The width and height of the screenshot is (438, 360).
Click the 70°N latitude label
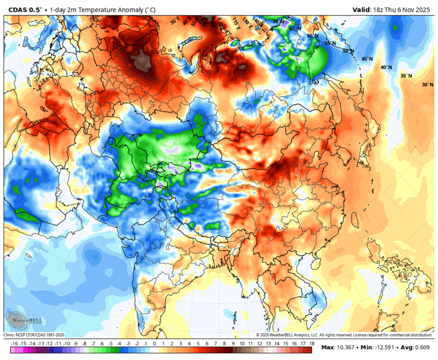(x=278, y=22)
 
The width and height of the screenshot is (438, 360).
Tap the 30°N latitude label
(x=427, y=85)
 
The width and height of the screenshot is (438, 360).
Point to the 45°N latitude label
(x=367, y=59)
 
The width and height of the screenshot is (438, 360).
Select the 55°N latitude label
(x=330, y=43)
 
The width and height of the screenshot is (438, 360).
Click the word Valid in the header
(x=361, y=9)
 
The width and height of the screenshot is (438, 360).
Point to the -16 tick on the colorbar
(x=14, y=344)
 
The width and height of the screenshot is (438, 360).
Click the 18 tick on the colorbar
(x=312, y=344)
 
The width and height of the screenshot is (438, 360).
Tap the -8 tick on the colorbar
(x=84, y=344)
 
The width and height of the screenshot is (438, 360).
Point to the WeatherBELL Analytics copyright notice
(x=344, y=335)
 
